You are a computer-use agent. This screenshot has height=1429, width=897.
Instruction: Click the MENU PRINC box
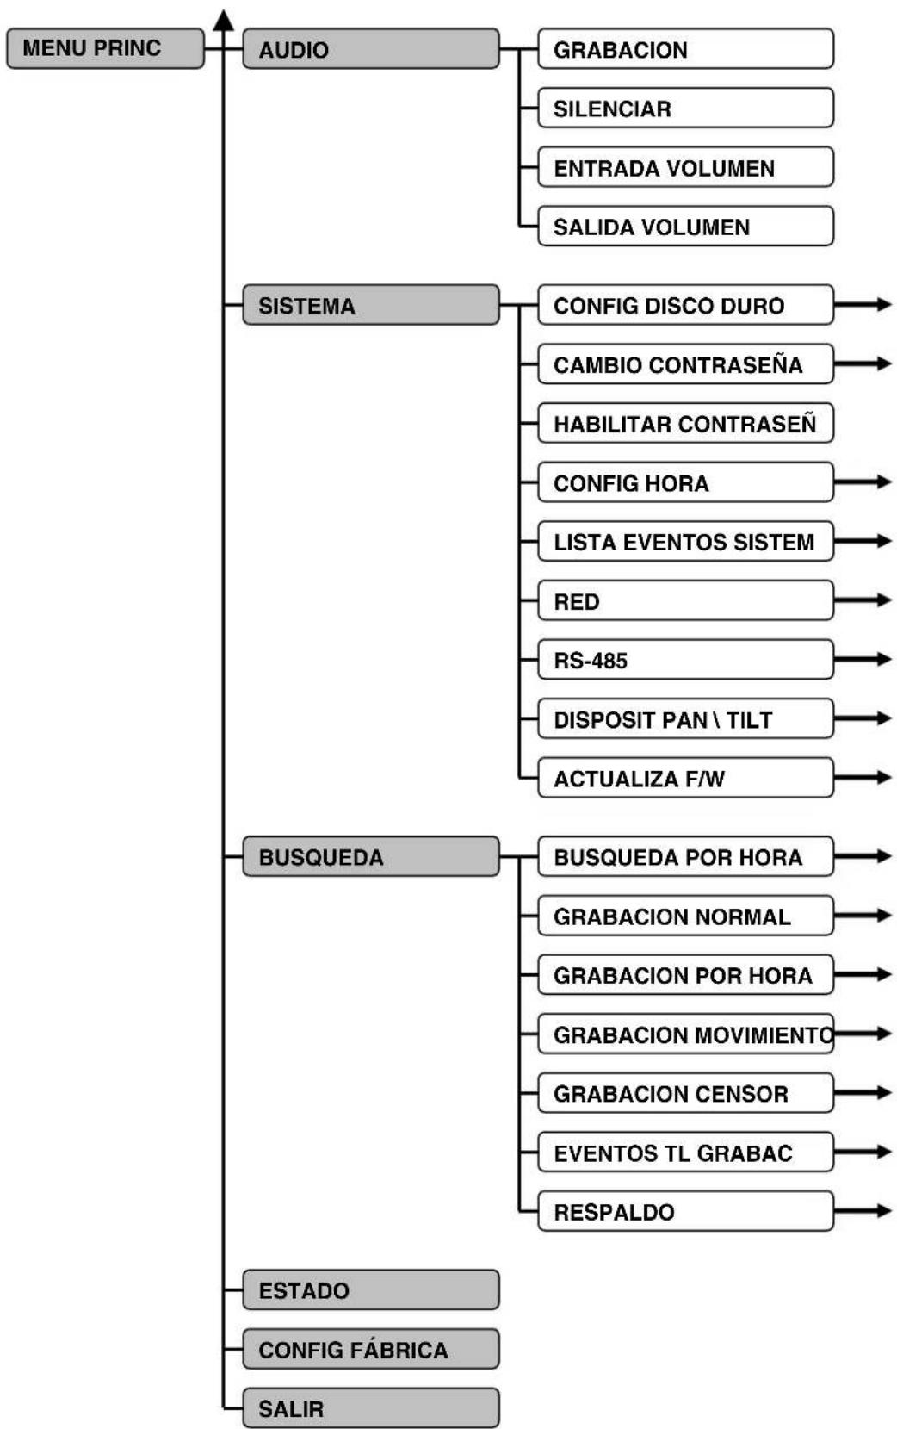pyautogui.click(x=104, y=48)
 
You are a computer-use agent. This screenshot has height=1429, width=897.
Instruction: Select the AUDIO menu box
pyautogui.click(x=370, y=49)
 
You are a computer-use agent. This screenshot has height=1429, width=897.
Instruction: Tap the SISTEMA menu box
pyautogui.click(x=370, y=305)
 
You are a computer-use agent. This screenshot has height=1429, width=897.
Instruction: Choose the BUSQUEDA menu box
pyautogui.click(x=370, y=857)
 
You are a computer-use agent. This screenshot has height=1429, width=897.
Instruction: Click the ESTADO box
pyautogui.click(x=370, y=1289)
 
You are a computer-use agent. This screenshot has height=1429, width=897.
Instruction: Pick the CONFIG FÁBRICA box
pyautogui.click(x=370, y=1349)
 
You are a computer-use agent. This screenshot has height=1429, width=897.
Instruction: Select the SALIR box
pyautogui.click(x=370, y=1408)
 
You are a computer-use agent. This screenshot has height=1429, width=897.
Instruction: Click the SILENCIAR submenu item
pyautogui.click(x=684, y=109)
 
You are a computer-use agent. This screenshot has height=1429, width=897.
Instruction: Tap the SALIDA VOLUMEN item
pyautogui.click(x=684, y=227)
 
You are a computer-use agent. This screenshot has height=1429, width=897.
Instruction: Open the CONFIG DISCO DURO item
pyautogui.click(x=684, y=305)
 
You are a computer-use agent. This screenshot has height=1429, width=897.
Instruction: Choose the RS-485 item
pyautogui.click(x=684, y=660)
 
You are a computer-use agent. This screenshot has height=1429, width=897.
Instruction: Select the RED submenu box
pyautogui.click(x=684, y=600)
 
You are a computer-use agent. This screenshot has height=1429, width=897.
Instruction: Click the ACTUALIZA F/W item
pyautogui.click(x=684, y=778)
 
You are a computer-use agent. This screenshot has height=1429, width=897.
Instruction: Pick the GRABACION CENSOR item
pyautogui.click(x=684, y=1093)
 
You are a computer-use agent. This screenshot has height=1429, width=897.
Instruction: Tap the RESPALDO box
pyautogui.click(x=684, y=1211)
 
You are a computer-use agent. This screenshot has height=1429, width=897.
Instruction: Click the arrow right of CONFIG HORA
pyautogui.click(x=865, y=482)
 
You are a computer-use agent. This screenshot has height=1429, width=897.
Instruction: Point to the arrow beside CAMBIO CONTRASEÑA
pyautogui.click(x=865, y=363)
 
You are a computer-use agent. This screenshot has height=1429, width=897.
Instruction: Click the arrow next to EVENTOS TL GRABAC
pyautogui.click(x=865, y=1151)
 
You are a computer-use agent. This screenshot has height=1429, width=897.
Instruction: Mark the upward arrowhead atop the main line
pyautogui.click(x=224, y=19)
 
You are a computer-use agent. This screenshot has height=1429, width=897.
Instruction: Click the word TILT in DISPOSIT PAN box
pyautogui.click(x=749, y=720)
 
